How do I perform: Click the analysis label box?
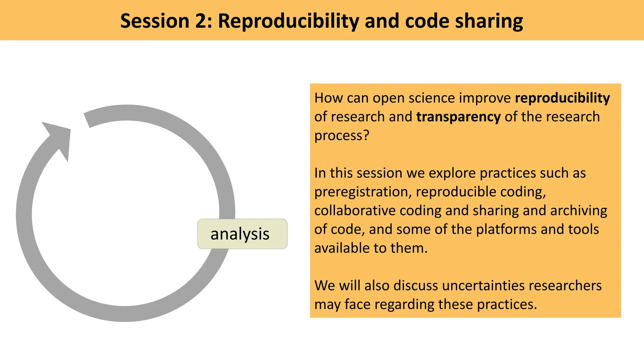[x=242, y=234]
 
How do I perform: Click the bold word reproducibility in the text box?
[x=562, y=98]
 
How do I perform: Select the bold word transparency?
[x=458, y=117]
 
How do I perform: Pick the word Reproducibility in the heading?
[x=288, y=21]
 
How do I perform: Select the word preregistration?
[x=363, y=192]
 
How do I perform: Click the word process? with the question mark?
[x=341, y=136]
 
